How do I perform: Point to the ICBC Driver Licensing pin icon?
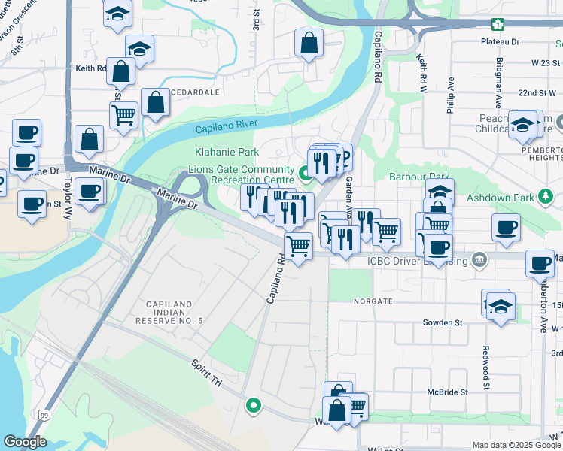coord(478,261)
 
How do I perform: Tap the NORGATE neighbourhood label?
coord(372,301)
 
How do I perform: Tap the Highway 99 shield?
coord(45,415)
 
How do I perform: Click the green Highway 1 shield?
coord(498,24)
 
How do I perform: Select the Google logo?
coord(25,442)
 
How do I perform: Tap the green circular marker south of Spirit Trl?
coord(254,406)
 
